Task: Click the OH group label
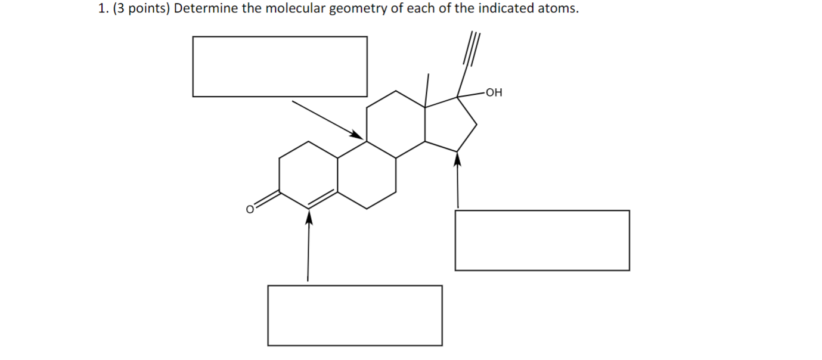click(495, 92)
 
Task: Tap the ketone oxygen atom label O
click(251, 209)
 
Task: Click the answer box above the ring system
click(280, 66)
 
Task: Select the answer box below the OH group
click(542, 240)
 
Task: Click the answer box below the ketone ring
click(355, 315)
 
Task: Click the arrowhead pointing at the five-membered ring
click(457, 158)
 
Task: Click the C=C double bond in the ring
click(322, 199)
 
